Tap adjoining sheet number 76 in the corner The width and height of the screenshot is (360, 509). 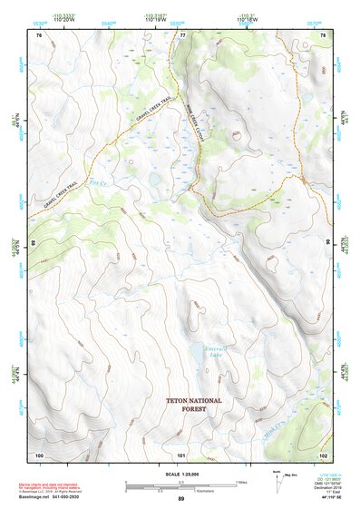point(38,34)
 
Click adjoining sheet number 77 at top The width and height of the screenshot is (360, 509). point(182,34)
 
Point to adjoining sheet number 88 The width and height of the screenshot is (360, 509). point(34,243)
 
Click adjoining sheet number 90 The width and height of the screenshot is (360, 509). point(327,243)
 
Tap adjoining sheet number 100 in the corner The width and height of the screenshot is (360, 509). point(39,454)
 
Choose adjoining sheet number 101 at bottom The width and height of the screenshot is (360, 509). point(181,454)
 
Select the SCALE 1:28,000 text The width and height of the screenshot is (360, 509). point(180,474)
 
